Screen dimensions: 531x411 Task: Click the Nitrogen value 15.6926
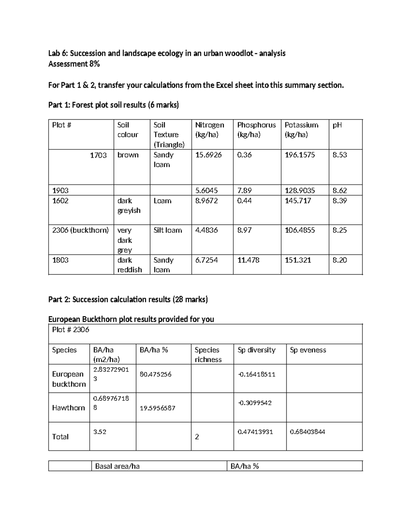[x=208, y=155]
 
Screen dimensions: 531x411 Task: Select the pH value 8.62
[x=339, y=190]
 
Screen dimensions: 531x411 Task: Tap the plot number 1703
[x=98, y=155]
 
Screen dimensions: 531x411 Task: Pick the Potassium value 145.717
[x=298, y=201]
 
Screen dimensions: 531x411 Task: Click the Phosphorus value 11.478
[x=248, y=260]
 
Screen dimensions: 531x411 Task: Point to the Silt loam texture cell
[x=167, y=230]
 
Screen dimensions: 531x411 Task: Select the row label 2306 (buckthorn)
[x=80, y=230]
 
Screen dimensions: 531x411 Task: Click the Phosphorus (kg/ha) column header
[x=256, y=130]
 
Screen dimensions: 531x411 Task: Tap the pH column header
[x=337, y=125]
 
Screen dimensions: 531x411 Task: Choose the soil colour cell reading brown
[x=128, y=155]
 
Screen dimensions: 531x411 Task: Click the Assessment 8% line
[x=74, y=64]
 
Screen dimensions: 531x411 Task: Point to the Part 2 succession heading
[x=128, y=300]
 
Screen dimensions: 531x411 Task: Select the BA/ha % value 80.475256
[x=155, y=374]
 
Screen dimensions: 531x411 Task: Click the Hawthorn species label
[x=68, y=408]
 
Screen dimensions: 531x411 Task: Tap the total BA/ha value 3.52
[x=100, y=432]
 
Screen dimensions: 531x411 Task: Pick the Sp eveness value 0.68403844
[x=307, y=432]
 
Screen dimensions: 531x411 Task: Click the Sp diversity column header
[x=256, y=350]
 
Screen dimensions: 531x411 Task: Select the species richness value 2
[x=197, y=437]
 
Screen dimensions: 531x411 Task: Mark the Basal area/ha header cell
[x=117, y=466]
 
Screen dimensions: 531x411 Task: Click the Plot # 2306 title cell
[x=71, y=330]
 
